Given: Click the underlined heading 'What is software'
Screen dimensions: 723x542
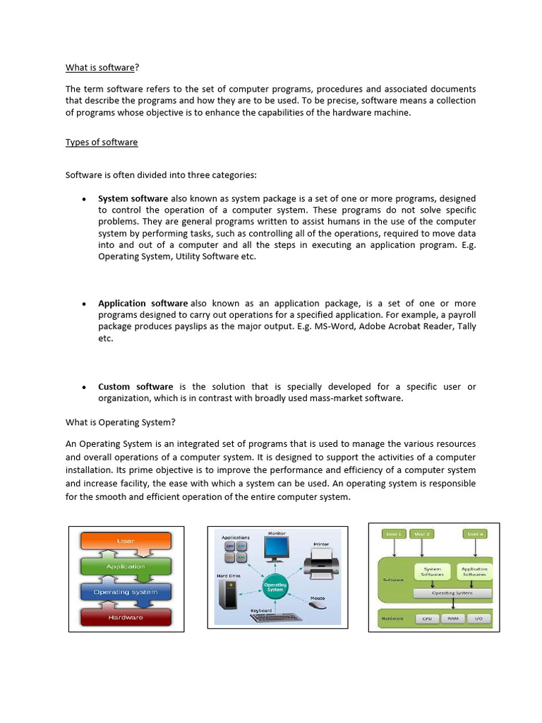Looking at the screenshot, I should tap(100, 68).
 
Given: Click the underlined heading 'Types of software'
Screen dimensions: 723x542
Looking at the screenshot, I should tap(102, 142).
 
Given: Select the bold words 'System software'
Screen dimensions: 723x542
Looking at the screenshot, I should tap(133, 198).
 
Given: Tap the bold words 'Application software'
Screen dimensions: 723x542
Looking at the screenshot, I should tap(143, 303).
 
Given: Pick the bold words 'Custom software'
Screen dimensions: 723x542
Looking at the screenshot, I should tap(135, 386).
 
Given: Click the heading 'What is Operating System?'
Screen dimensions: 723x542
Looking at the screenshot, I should tap(120, 422).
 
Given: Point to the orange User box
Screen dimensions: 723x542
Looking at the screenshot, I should tap(126, 542).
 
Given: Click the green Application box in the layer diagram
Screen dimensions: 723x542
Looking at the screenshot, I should tap(126, 566).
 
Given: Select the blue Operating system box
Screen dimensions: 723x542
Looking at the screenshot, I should tap(126, 592).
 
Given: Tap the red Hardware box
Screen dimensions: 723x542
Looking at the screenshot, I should tap(126, 617).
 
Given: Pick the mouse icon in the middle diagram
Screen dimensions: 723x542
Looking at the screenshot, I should tap(318, 604).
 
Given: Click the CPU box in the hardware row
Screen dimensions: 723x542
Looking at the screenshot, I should tap(427, 619).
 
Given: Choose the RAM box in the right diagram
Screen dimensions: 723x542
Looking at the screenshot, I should tap(452, 619).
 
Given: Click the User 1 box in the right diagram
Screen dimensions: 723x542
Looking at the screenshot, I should tap(393, 534).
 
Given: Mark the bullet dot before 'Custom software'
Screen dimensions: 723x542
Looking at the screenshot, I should tap(83, 387).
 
